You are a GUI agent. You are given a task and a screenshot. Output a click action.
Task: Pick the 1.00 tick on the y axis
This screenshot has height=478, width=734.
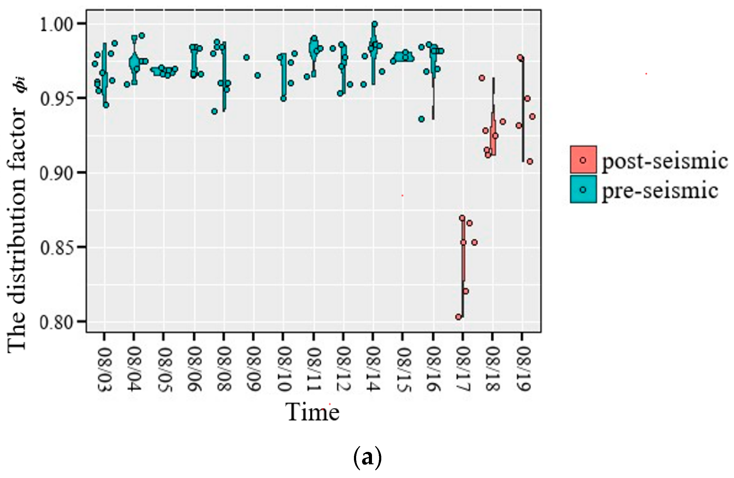coord(56,24)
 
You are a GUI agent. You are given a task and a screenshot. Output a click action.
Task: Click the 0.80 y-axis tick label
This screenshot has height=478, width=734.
coord(56,322)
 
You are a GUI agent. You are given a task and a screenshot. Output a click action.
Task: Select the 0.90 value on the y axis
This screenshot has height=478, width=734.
coord(56,173)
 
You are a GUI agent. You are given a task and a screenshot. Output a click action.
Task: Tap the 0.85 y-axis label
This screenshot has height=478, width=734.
coord(56,248)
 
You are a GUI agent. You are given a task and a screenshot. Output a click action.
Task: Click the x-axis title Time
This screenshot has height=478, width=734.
coord(312,412)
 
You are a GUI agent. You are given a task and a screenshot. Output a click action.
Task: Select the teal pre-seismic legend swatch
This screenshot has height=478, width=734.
coord(583,190)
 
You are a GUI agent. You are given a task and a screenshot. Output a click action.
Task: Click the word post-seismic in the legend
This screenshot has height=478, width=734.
coord(665,161)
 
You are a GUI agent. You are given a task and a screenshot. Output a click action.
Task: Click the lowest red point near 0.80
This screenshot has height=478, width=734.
coord(458,317)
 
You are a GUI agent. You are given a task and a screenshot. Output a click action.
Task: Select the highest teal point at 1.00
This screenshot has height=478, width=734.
coord(375,24)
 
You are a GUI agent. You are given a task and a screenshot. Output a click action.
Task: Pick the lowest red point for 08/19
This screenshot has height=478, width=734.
coord(530,162)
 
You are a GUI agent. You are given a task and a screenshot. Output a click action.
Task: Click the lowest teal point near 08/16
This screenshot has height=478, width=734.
coord(421,119)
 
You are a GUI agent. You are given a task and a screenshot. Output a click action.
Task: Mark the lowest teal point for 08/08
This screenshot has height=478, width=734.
coord(214,111)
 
